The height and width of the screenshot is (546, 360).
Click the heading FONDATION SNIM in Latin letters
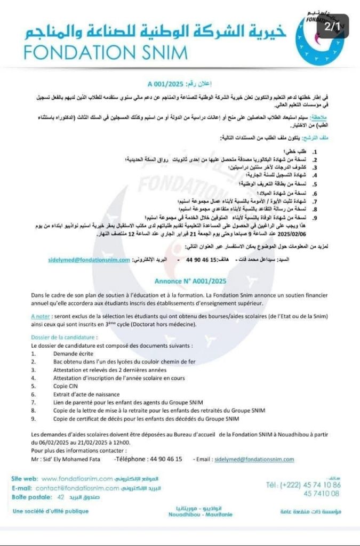point(106,52)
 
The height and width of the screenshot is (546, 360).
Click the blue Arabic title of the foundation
point(155,31)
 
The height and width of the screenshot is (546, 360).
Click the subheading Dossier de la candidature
point(64,338)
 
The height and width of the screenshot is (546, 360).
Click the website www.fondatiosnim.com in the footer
point(77,478)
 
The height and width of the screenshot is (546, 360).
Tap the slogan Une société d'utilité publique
point(51,512)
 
